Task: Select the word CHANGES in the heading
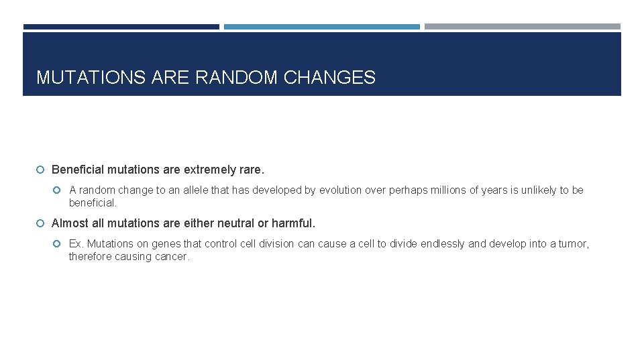click(329, 78)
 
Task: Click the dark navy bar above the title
click(121, 27)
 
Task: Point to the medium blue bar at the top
click(321, 27)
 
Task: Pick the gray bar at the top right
click(522, 27)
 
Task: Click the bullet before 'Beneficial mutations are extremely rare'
click(42, 170)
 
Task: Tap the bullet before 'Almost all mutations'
click(42, 223)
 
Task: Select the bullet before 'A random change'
click(59, 190)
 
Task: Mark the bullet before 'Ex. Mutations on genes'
click(59, 244)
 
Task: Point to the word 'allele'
click(195, 190)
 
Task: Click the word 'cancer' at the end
click(172, 257)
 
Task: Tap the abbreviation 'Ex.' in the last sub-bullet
click(76, 244)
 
